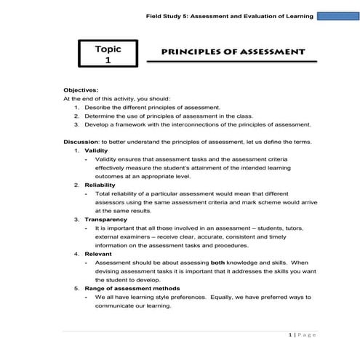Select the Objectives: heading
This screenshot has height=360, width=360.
point(81,89)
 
